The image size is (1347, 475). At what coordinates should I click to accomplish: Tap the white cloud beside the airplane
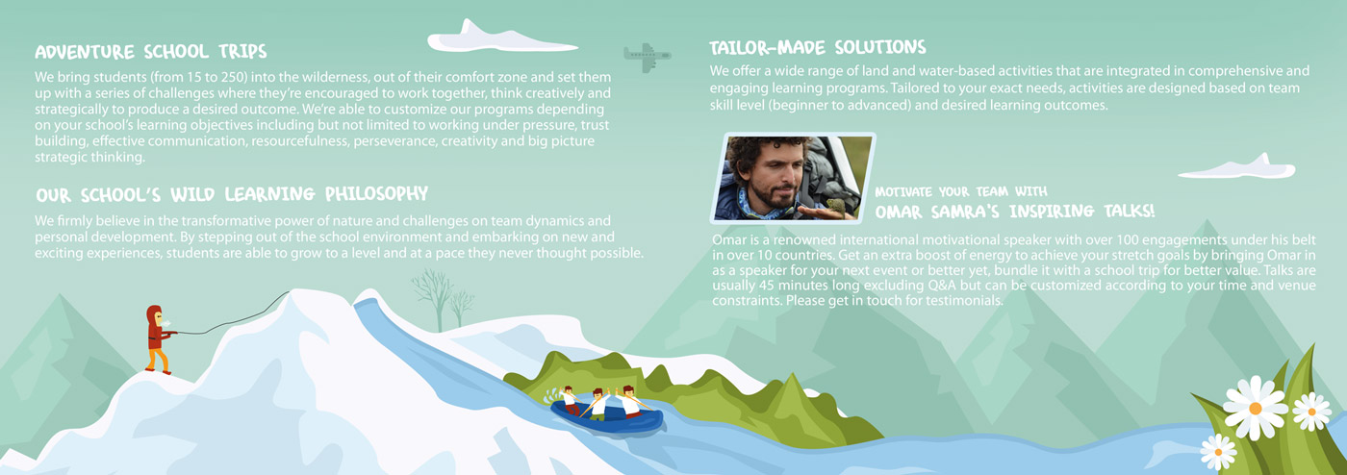pos(481,38)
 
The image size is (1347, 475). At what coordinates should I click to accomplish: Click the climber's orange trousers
pos(156,358)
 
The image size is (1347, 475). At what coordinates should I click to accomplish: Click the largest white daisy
pos(1255,406)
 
